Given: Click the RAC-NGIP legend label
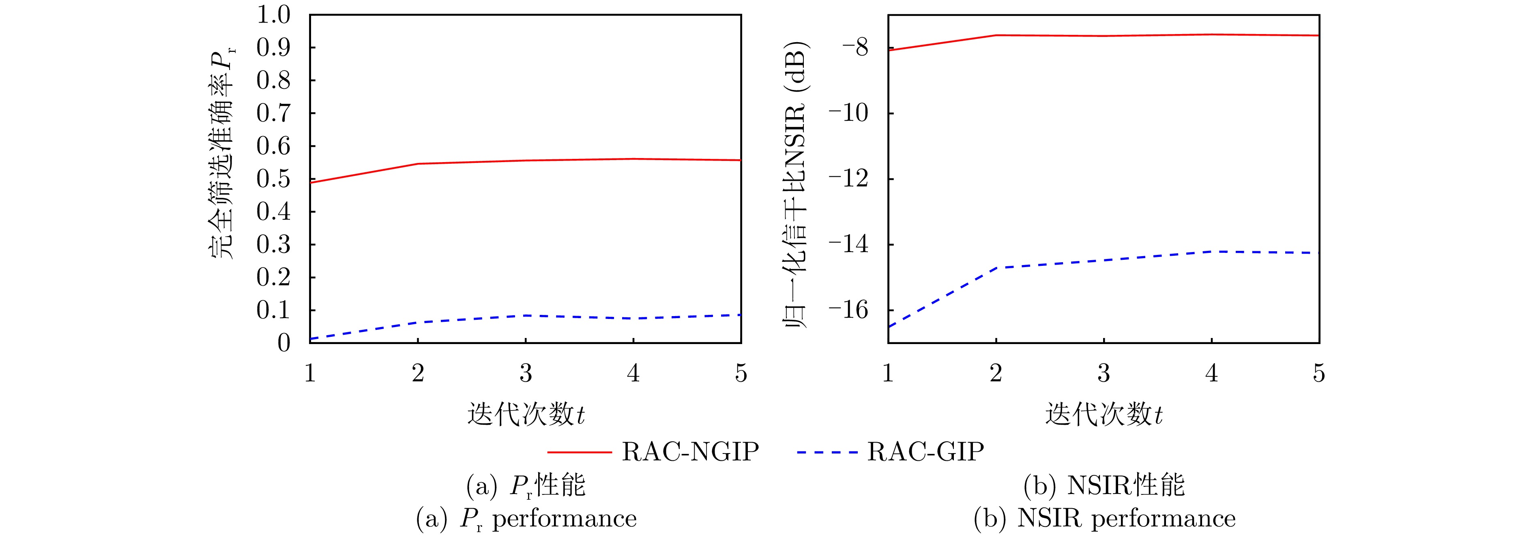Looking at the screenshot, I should [x=690, y=452].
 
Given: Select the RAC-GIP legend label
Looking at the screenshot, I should [x=925, y=452].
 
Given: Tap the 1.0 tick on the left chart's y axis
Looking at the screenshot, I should [x=273, y=15].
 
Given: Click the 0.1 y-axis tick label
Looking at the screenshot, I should [x=273, y=310].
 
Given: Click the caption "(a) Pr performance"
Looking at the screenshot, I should [x=526, y=519].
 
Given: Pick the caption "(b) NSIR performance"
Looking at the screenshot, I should [x=1104, y=519].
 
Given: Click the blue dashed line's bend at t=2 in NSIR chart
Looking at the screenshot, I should [x=996, y=268].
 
